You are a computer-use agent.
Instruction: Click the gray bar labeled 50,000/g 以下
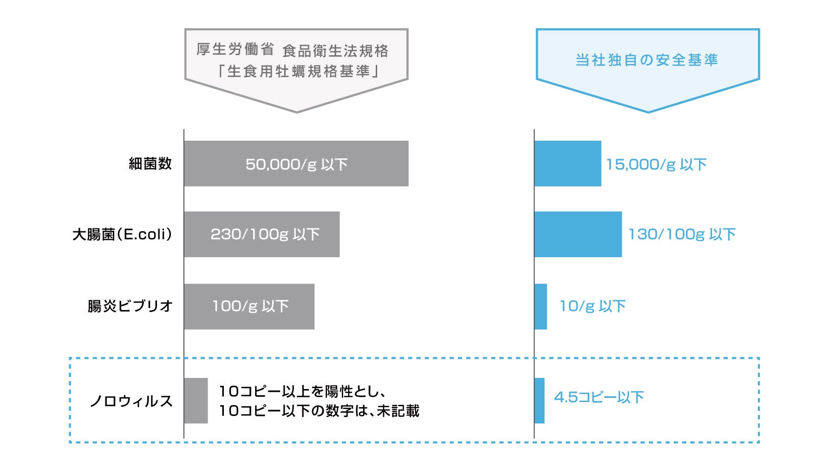coord(296,163)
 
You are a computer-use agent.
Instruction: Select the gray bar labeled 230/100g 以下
coord(261,234)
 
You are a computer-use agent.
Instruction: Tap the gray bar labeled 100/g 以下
coord(249,306)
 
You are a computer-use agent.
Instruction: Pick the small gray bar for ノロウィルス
coord(196,400)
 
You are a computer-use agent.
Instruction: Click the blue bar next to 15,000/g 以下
coord(568,163)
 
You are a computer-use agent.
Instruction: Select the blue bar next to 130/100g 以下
coord(578,234)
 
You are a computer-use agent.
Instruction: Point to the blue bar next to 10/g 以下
coord(541,306)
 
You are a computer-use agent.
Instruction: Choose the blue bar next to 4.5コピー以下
coord(539,400)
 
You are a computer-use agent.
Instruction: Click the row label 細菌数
coord(150,163)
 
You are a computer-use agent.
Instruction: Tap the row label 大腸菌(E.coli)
coord(122,234)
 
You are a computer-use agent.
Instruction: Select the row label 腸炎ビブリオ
coord(130,306)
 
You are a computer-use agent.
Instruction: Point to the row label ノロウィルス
coord(131,401)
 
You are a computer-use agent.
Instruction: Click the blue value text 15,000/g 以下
coord(656,164)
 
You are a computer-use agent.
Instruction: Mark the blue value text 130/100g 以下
coord(682,234)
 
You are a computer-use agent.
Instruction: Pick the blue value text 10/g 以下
coord(593,306)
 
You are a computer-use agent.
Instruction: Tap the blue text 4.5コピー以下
coord(599,397)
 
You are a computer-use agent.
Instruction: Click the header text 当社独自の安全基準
coord(647,60)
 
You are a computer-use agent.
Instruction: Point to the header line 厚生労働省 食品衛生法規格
coord(292,50)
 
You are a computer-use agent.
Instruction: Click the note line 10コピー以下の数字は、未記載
coord(319,411)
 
